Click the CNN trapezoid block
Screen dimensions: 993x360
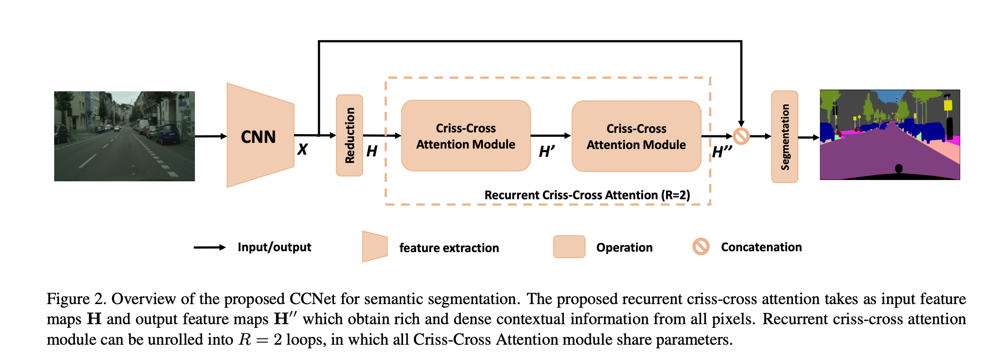point(260,135)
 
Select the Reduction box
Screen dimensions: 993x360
point(349,135)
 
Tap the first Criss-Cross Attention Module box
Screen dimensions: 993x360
point(466,136)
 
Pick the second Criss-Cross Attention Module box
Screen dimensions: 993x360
point(636,136)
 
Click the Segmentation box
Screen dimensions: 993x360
point(785,137)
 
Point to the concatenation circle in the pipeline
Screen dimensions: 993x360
point(741,136)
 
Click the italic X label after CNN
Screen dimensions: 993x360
point(302,149)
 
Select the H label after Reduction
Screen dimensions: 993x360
point(372,151)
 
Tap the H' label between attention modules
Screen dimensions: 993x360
point(547,152)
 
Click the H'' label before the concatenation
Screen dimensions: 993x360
point(722,152)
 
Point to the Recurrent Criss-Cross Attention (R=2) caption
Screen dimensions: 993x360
point(587,195)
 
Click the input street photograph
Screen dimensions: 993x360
point(125,136)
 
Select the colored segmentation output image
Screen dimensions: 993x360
point(890,135)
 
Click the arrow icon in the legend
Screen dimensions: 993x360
point(210,247)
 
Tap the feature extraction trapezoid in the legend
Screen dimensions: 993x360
point(375,246)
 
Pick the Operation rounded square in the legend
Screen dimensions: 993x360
point(569,247)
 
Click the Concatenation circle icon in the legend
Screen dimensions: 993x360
point(701,246)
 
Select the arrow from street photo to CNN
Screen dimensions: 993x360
point(211,136)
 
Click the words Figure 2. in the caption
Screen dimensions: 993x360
point(76,299)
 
